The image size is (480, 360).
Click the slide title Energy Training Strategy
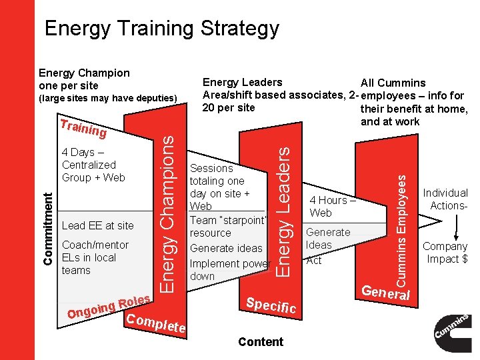[x=161, y=29]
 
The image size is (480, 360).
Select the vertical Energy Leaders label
[x=283, y=211]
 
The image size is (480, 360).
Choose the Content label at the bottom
[x=260, y=342]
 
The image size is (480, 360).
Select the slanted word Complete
[x=155, y=321]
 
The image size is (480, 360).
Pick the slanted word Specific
[x=271, y=305]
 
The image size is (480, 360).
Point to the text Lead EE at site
[x=97, y=225]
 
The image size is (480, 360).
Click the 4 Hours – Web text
[x=332, y=206]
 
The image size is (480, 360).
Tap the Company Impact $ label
[x=445, y=253]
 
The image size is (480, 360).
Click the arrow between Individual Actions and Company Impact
[x=457, y=226]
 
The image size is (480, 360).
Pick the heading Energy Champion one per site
[x=84, y=79]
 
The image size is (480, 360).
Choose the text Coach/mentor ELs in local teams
[x=95, y=257]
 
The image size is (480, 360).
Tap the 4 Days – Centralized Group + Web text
[x=93, y=165]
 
